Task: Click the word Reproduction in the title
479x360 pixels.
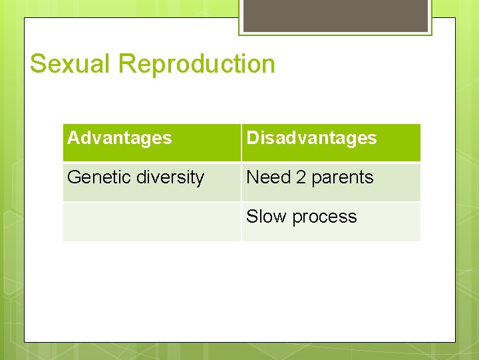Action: [x=197, y=65]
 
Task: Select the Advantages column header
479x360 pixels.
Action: [x=120, y=138]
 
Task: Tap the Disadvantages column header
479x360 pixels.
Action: [x=311, y=138]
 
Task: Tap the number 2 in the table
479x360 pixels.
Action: [x=301, y=177]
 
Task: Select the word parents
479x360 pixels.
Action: [x=343, y=178]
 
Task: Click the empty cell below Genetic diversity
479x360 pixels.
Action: [x=152, y=221]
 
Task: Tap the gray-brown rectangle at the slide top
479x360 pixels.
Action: [x=335, y=15]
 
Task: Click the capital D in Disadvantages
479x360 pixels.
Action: [x=253, y=138]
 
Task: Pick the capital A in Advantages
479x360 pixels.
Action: [x=73, y=138]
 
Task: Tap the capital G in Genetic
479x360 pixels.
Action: [x=74, y=177]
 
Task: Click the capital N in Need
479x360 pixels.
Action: [x=253, y=177]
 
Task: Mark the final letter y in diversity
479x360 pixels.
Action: [x=200, y=179]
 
